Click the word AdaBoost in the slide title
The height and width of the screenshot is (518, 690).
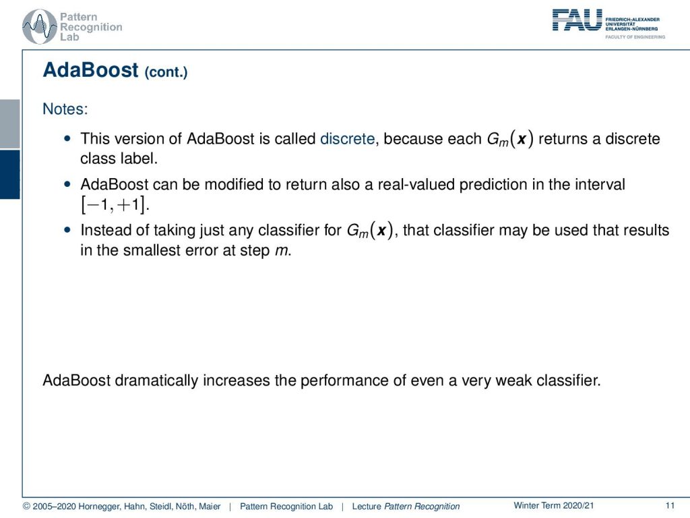click(x=91, y=70)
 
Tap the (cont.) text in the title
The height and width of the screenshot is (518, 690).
click(x=166, y=71)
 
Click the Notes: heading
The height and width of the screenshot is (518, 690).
click(x=65, y=109)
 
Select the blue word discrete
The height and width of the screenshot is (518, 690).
click(x=347, y=139)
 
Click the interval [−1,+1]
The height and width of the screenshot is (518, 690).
click(x=115, y=204)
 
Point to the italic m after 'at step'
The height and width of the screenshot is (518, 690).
click(x=282, y=251)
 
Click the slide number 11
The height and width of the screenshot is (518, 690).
click(x=670, y=506)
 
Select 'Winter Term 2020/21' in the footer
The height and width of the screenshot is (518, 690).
click(x=554, y=506)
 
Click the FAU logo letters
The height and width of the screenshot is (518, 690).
click(x=577, y=20)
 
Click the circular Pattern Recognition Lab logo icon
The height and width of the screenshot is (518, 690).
click(x=40, y=26)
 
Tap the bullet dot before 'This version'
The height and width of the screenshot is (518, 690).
click(x=67, y=139)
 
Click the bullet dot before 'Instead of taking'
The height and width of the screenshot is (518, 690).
click(x=67, y=230)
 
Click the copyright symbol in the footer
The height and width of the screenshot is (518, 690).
click(x=26, y=507)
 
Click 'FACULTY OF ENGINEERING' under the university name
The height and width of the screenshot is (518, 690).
click(x=635, y=37)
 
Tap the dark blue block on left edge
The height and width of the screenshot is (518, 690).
click(x=9, y=175)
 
